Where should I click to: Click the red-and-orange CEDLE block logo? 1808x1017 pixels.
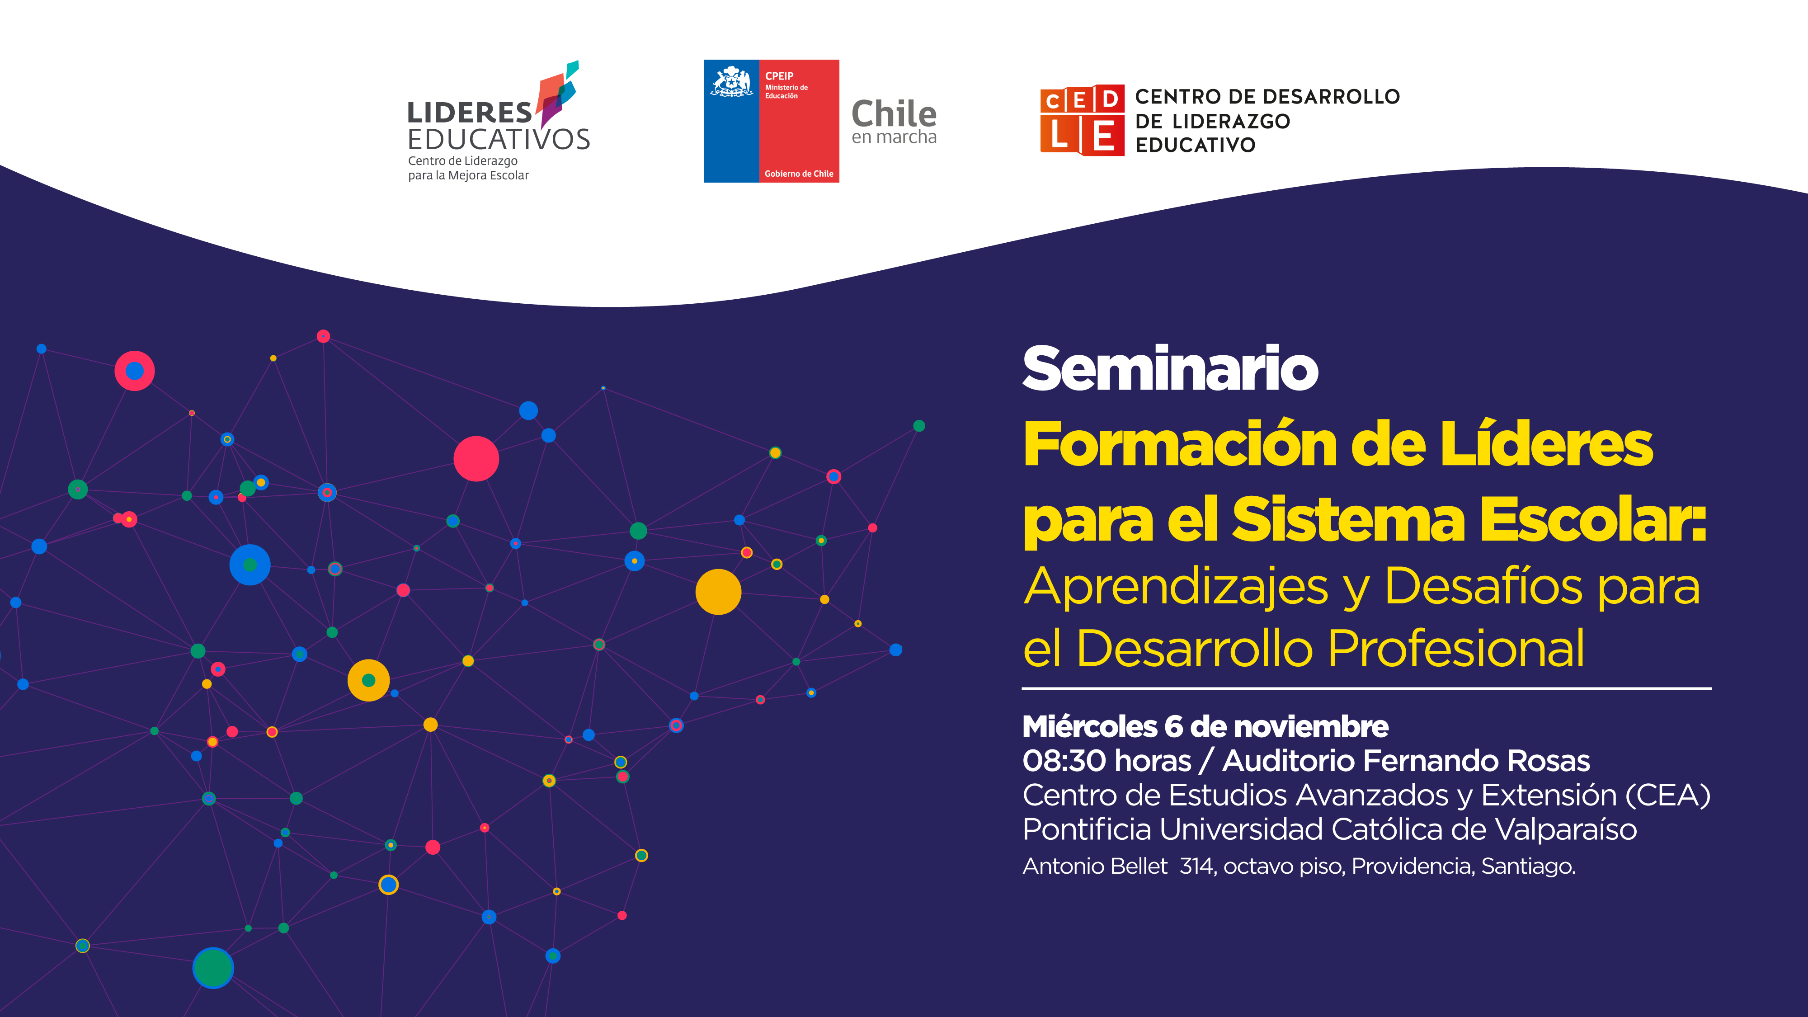1082,120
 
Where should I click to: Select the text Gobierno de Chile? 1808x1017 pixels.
799,174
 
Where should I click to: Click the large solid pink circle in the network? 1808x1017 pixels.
476,458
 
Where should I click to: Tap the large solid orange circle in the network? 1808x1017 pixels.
718,592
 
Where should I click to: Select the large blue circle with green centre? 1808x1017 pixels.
250,564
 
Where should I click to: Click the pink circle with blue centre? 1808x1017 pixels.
135,371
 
